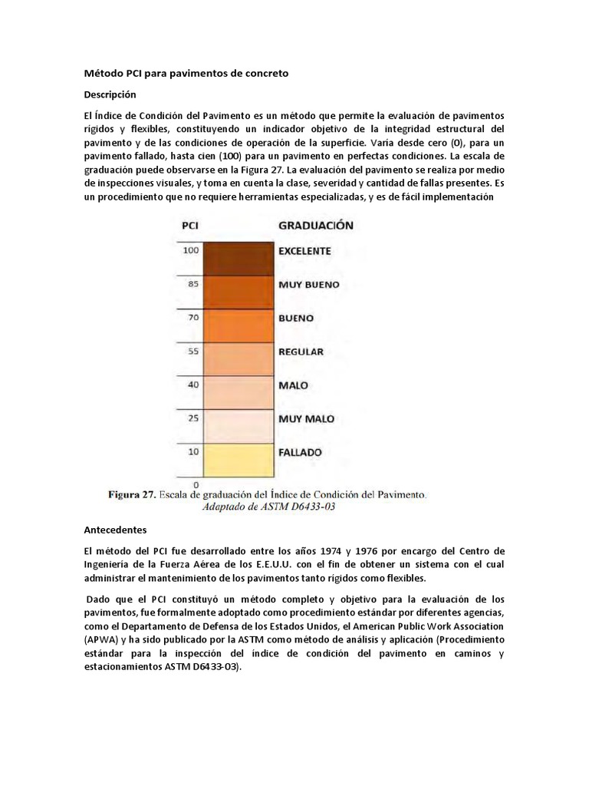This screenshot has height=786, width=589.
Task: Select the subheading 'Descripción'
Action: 109,94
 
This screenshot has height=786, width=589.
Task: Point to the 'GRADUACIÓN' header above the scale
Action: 315,226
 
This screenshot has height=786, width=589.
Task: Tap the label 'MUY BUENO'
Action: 308,284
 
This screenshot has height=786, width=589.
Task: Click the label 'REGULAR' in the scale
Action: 301,352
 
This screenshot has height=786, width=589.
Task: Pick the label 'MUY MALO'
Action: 306,419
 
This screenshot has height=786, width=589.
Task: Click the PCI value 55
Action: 192,350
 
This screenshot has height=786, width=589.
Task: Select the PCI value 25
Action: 192,418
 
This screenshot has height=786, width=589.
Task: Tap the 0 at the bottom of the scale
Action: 196,484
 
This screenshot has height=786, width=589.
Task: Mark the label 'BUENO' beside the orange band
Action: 296,318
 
